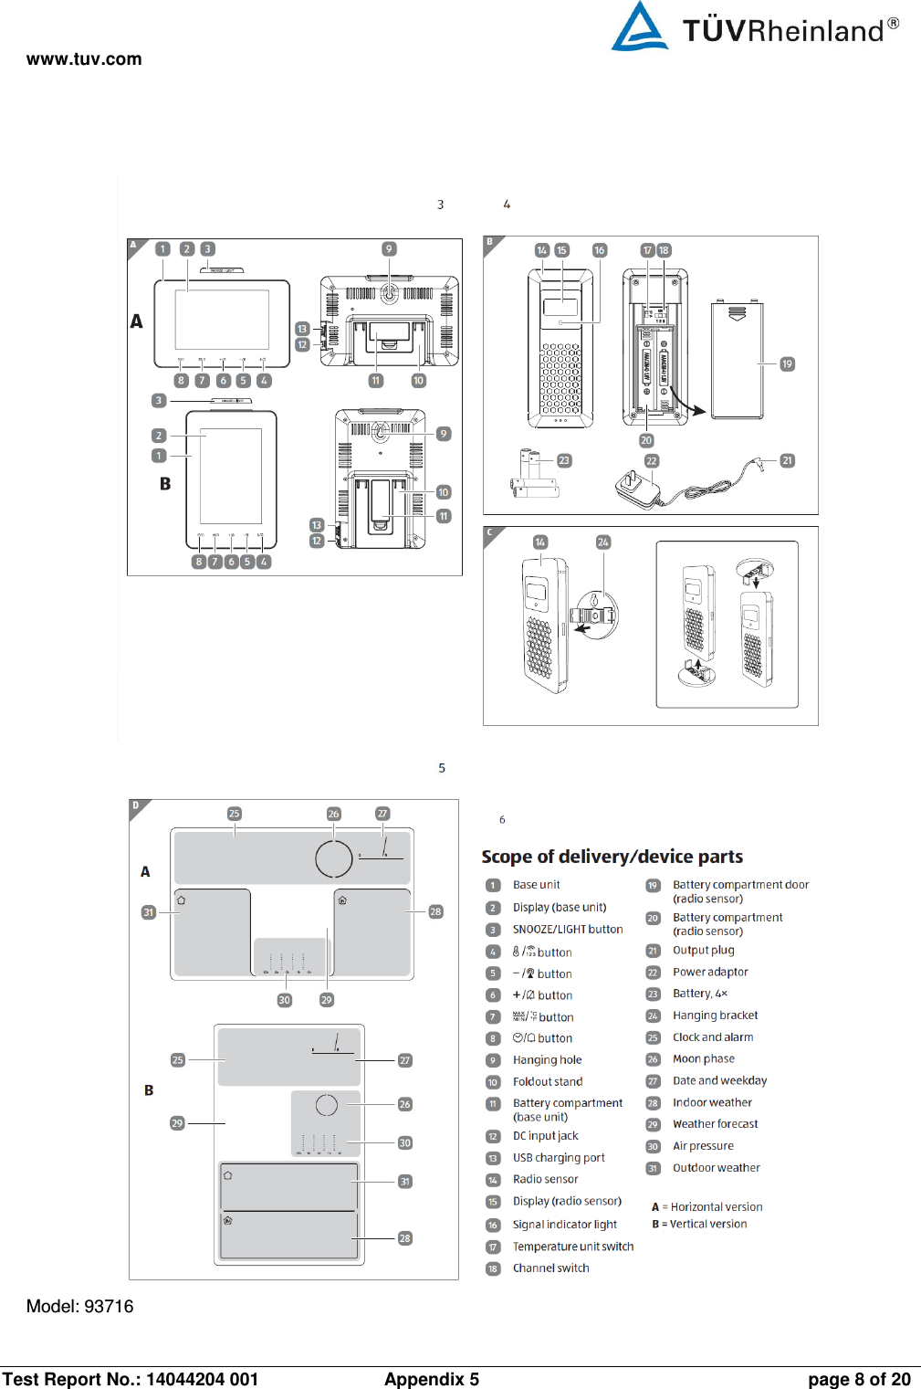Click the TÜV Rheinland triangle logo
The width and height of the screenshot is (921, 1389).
(x=640, y=27)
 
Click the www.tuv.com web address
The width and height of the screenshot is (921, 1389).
(x=84, y=59)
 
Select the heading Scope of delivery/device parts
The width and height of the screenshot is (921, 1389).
(x=612, y=857)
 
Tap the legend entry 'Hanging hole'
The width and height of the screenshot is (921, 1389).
(x=547, y=1060)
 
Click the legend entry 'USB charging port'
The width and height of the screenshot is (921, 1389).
(x=559, y=1158)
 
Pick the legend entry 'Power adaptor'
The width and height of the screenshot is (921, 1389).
(x=710, y=972)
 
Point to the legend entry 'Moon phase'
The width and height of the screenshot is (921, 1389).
(x=703, y=1059)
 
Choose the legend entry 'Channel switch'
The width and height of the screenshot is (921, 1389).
(x=550, y=1268)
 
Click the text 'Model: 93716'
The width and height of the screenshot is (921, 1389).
(x=79, y=1307)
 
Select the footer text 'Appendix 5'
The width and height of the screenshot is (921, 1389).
(x=431, y=1379)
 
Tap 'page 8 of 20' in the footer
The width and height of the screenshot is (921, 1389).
(x=858, y=1379)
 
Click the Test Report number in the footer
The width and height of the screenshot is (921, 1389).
(x=130, y=1379)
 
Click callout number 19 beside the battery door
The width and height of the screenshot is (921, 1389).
(x=787, y=364)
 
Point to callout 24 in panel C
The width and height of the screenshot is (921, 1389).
(x=602, y=542)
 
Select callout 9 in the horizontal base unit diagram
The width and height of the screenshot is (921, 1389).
(x=389, y=249)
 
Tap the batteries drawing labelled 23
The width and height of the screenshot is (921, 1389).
(x=533, y=475)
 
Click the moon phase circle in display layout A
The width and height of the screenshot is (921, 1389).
(x=333, y=858)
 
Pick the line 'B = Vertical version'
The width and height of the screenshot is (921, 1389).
(x=699, y=1225)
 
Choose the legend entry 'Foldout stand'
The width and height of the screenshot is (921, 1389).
(x=547, y=1082)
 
